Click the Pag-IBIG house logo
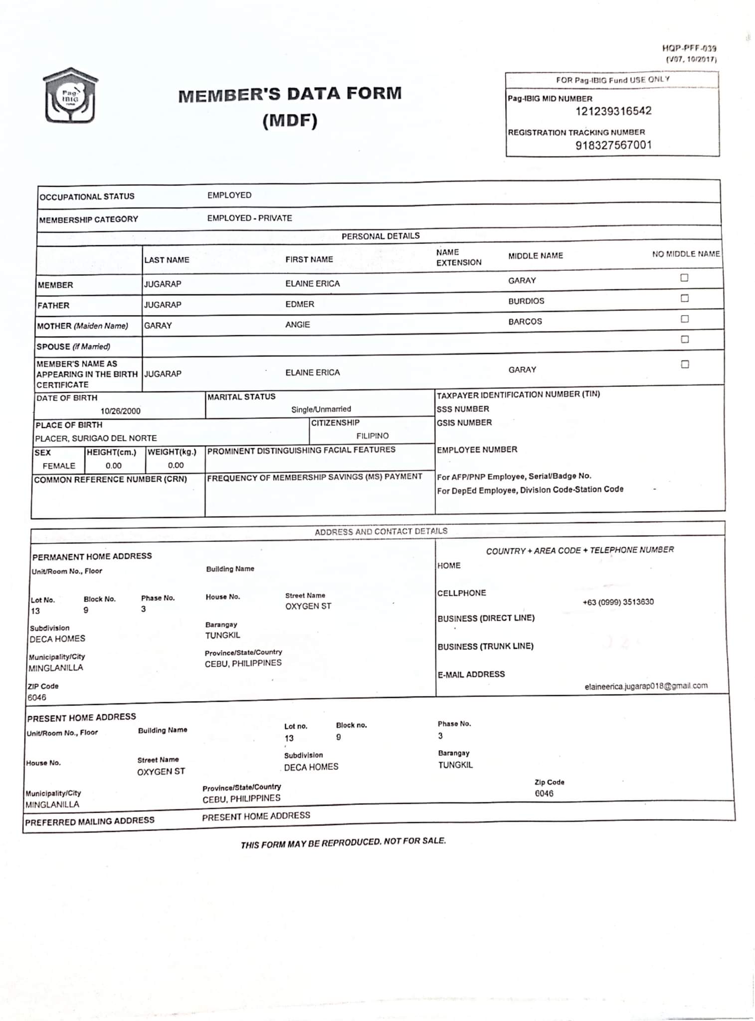pyautogui.click(x=70, y=96)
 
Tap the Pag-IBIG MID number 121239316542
pyautogui.click(x=613, y=111)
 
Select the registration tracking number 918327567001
pyautogui.click(x=613, y=145)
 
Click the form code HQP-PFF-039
pyautogui.click(x=689, y=48)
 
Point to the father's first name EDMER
pyautogui.click(x=300, y=304)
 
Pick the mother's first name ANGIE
pyautogui.click(x=297, y=325)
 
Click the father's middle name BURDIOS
pyautogui.click(x=526, y=301)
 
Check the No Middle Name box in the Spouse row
pyautogui.click(x=685, y=340)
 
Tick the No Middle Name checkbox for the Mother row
pyautogui.click(x=685, y=319)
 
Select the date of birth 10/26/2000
pyautogui.click(x=120, y=411)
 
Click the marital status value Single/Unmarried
pyautogui.click(x=321, y=409)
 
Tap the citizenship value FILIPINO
pyautogui.click(x=372, y=436)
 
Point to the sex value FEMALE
pyautogui.click(x=59, y=466)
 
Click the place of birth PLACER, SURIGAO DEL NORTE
pyautogui.click(x=96, y=438)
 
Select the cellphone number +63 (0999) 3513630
pyautogui.click(x=618, y=602)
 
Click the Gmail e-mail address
pyautogui.click(x=646, y=686)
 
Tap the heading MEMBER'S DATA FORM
pyautogui.click(x=290, y=94)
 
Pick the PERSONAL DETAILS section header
pyautogui.click(x=380, y=236)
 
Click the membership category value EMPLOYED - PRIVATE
pyautogui.click(x=249, y=218)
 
